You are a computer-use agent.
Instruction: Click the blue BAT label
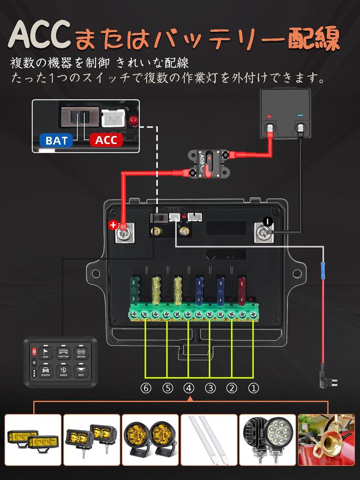56,140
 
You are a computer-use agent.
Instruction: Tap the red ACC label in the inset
106,140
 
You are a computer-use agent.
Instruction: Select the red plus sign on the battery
269,116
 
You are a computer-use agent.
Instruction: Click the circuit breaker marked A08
209,164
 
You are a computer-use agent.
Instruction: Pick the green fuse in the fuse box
135,291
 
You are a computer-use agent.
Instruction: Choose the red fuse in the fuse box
242,290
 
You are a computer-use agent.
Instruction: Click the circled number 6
146,388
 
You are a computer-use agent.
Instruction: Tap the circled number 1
253,388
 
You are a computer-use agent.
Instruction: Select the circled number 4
189,388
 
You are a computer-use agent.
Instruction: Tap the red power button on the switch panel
34,351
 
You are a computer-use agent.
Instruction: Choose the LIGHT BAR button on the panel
63,352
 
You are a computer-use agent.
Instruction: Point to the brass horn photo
326,439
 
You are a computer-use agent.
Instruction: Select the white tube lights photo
209,439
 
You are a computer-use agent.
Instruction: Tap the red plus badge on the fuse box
113,225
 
